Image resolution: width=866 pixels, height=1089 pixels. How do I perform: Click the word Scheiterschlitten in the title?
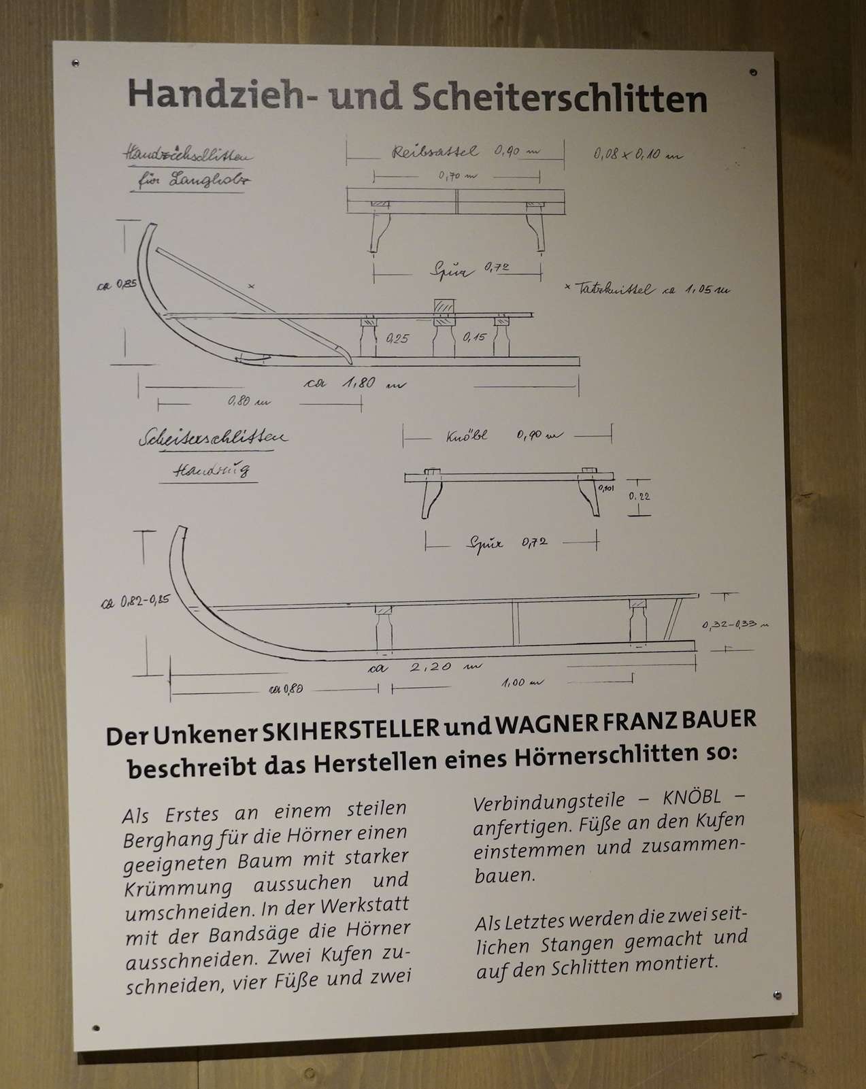point(560,99)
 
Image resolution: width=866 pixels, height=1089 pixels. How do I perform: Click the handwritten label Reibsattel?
point(435,151)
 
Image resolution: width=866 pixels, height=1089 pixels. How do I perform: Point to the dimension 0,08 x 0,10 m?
point(637,154)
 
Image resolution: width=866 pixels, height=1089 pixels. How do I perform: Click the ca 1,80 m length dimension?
point(354,384)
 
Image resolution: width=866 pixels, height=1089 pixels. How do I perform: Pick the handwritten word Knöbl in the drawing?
point(467,435)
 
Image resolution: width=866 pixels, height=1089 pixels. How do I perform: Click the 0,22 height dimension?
point(639,497)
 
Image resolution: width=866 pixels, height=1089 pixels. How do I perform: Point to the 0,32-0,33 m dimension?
point(735,624)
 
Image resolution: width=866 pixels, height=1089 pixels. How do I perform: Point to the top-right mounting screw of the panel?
point(752,71)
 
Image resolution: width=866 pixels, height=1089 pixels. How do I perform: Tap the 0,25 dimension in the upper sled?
point(397,337)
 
